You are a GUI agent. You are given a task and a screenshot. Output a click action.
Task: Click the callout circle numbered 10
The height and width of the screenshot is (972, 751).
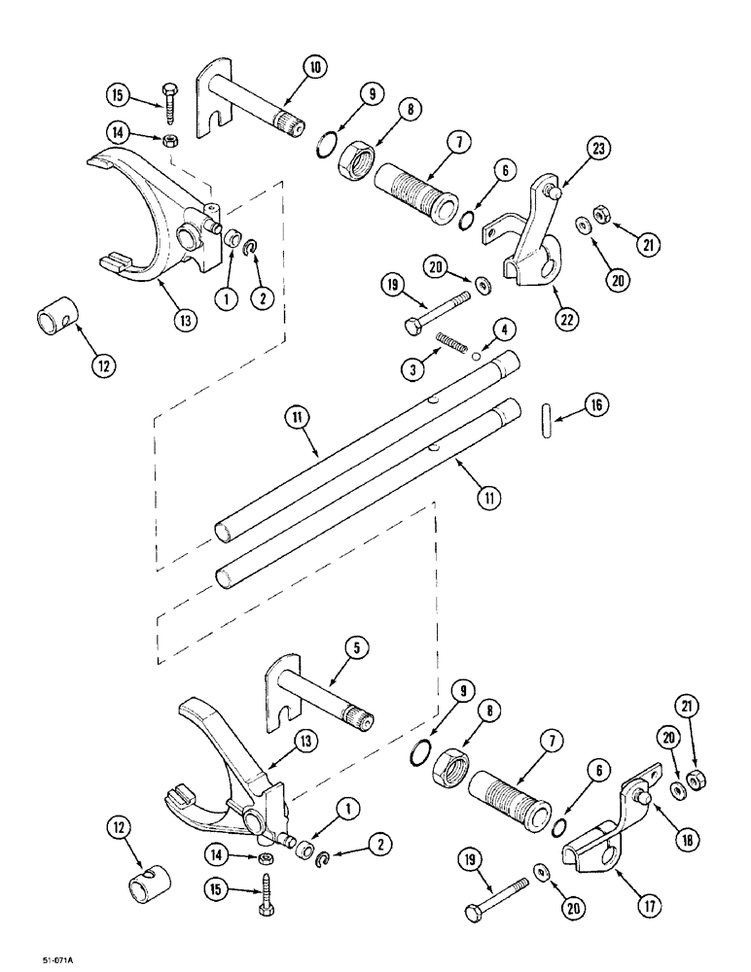pos(316,67)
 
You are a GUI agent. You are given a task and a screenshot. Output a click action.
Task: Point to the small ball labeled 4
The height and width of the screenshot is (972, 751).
pos(474,357)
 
